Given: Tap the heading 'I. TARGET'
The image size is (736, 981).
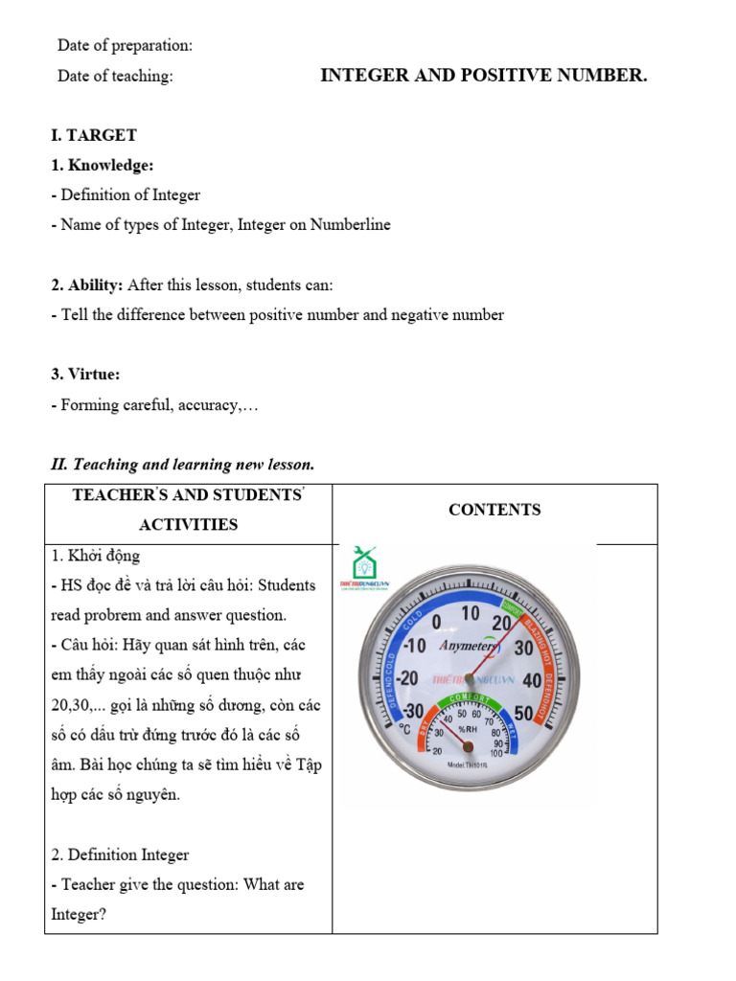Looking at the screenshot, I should [x=94, y=135].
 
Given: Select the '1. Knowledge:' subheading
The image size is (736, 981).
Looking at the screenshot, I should [x=103, y=165].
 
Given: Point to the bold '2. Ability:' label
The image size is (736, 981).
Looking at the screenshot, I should [x=87, y=285].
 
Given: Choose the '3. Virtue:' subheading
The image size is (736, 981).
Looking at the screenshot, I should [x=85, y=374].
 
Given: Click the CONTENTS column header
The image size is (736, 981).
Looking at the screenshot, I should [x=494, y=510].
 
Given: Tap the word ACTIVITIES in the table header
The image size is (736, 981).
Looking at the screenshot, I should [x=189, y=524].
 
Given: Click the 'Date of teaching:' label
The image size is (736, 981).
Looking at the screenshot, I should [x=115, y=77].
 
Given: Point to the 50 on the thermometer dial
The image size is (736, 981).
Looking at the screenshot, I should [x=525, y=712].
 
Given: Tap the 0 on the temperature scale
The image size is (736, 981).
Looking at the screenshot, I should [x=437, y=622].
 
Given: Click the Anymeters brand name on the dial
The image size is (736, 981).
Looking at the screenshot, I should [x=468, y=646].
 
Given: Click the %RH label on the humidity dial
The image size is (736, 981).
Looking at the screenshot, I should [x=467, y=729].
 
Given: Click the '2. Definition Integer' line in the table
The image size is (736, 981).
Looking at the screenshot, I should [x=120, y=855].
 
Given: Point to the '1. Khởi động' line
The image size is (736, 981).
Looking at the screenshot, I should [x=95, y=556].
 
